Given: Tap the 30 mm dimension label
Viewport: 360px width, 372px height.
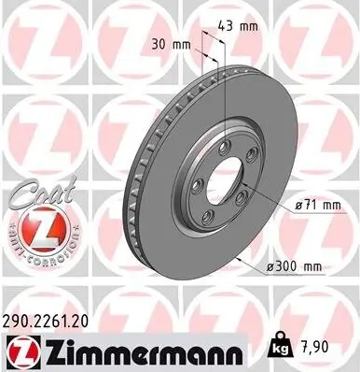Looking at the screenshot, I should pyautogui.click(x=168, y=43).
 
